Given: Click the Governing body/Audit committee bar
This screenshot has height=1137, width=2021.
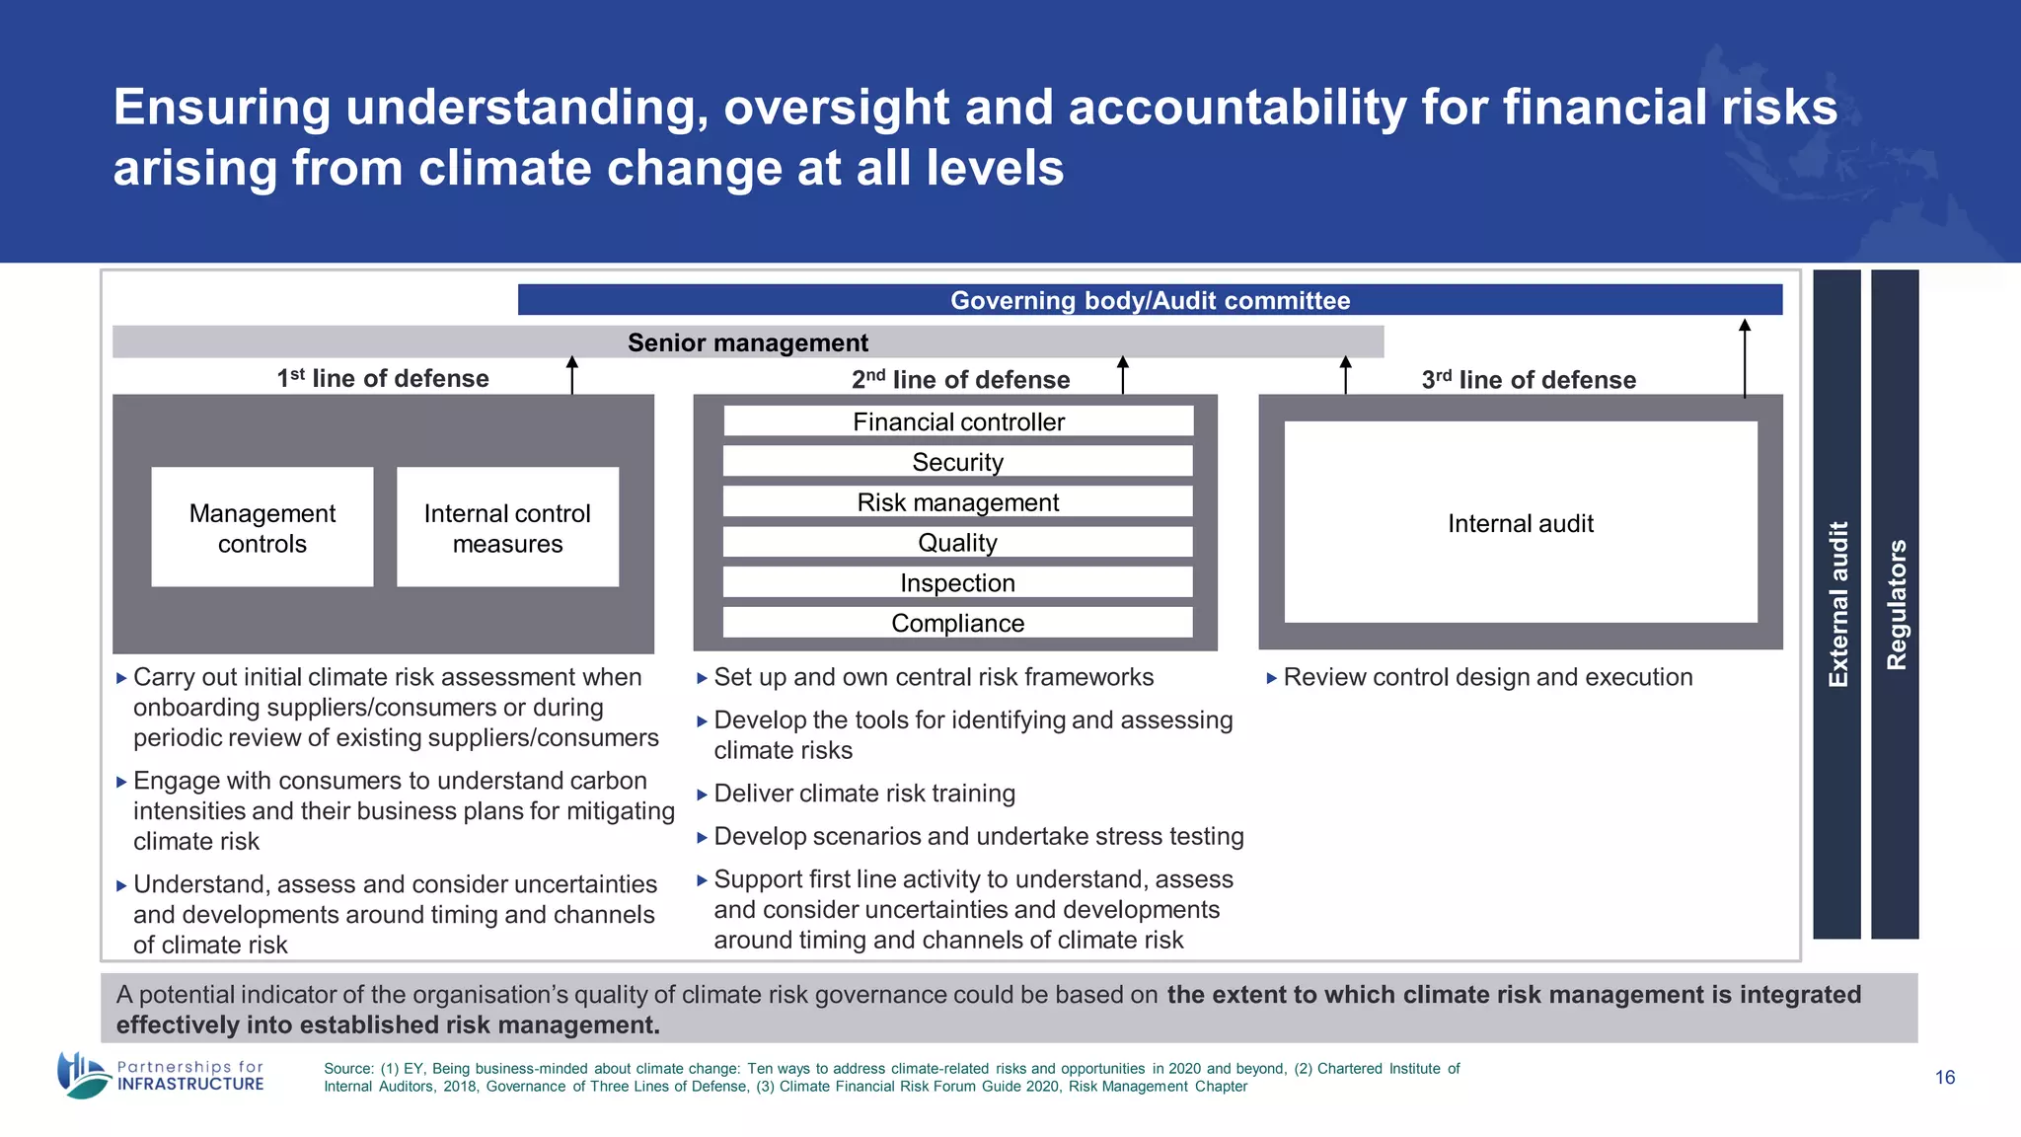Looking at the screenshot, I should click(1150, 300).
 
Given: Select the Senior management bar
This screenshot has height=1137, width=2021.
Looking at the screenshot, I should click(748, 342).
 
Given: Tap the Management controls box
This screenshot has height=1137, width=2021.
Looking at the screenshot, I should click(262, 528).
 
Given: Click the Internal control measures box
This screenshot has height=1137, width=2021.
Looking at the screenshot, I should click(507, 528).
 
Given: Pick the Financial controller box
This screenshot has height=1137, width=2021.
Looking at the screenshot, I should click(958, 421).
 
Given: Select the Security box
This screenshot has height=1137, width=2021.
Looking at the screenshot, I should click(958, 462).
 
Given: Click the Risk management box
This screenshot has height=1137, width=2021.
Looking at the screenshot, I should click(958, 502).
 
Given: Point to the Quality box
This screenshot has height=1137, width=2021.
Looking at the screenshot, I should click(958, 543).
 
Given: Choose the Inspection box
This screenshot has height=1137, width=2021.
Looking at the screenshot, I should click(958, 583).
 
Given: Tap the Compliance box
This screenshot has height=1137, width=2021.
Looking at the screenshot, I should click(958, 623).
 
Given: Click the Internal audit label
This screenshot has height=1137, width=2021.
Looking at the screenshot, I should click(1520, 523).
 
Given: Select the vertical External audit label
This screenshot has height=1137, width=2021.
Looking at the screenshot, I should click(1837, 604).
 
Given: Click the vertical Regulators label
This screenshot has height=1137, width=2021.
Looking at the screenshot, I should click(1896, 604).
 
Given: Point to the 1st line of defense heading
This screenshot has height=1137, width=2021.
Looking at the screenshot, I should click(383, 379).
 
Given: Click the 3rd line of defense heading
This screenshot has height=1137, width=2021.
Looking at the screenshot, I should click(1529, 380).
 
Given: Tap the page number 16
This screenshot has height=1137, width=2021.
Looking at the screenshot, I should click(1945, 1078).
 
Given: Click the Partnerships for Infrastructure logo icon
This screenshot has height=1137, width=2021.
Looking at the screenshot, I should click(82, 1075).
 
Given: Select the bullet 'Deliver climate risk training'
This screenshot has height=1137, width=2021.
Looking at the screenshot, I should click(863, 794).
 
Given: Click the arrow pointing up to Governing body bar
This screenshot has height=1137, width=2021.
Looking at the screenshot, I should click(1745, 357).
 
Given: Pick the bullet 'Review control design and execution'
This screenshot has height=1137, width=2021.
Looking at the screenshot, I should click(1487, 677).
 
